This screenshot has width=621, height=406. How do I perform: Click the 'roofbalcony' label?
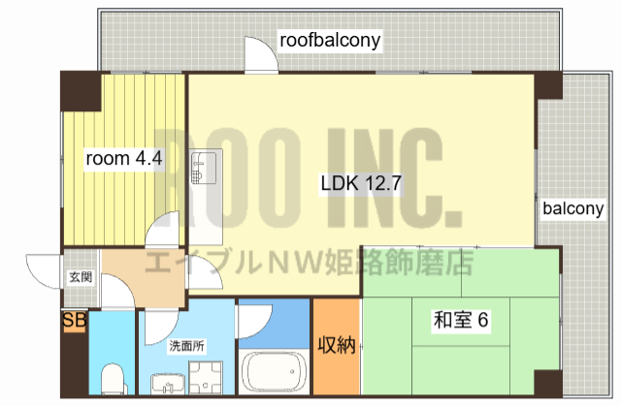pyautogui.click(x=329, y=41)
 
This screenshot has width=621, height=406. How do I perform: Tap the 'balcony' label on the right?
pyautogui.click(x=572, y=208)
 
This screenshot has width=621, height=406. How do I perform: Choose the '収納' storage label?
pyautogui.click(x=336, y=346)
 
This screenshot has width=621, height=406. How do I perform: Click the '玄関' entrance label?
pyautogui.click(x=80, y=277)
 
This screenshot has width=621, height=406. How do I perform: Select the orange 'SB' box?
pyautogui.click(x=73, y=320)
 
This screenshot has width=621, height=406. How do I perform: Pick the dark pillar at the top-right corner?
pyautogui.click(x=549, y=86)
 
